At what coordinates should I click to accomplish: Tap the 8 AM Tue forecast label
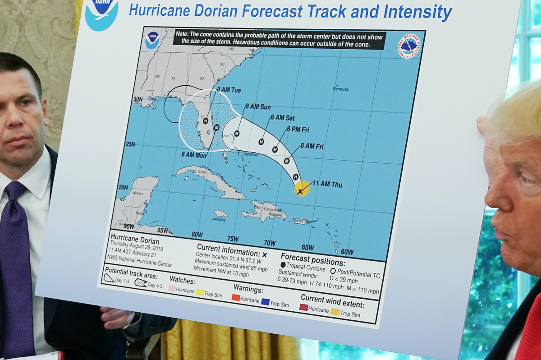pos(229,90)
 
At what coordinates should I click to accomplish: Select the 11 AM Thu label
pos(327,184)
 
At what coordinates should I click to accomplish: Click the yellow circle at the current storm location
pos(302,189)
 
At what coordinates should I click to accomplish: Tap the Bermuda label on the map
pos(341,89)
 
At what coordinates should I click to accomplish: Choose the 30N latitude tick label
pos(138,99)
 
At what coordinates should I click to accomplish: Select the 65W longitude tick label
pos(307,247)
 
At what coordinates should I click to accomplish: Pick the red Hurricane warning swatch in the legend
pos(236,298)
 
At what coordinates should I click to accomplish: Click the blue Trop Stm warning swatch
pos(265,302)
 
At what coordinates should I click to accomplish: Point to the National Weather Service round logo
pos(408,46)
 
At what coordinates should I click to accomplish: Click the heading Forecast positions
pos(313,259)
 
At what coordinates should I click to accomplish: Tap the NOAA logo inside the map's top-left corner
pos(153,40)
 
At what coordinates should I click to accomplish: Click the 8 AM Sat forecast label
pos(282,118)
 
